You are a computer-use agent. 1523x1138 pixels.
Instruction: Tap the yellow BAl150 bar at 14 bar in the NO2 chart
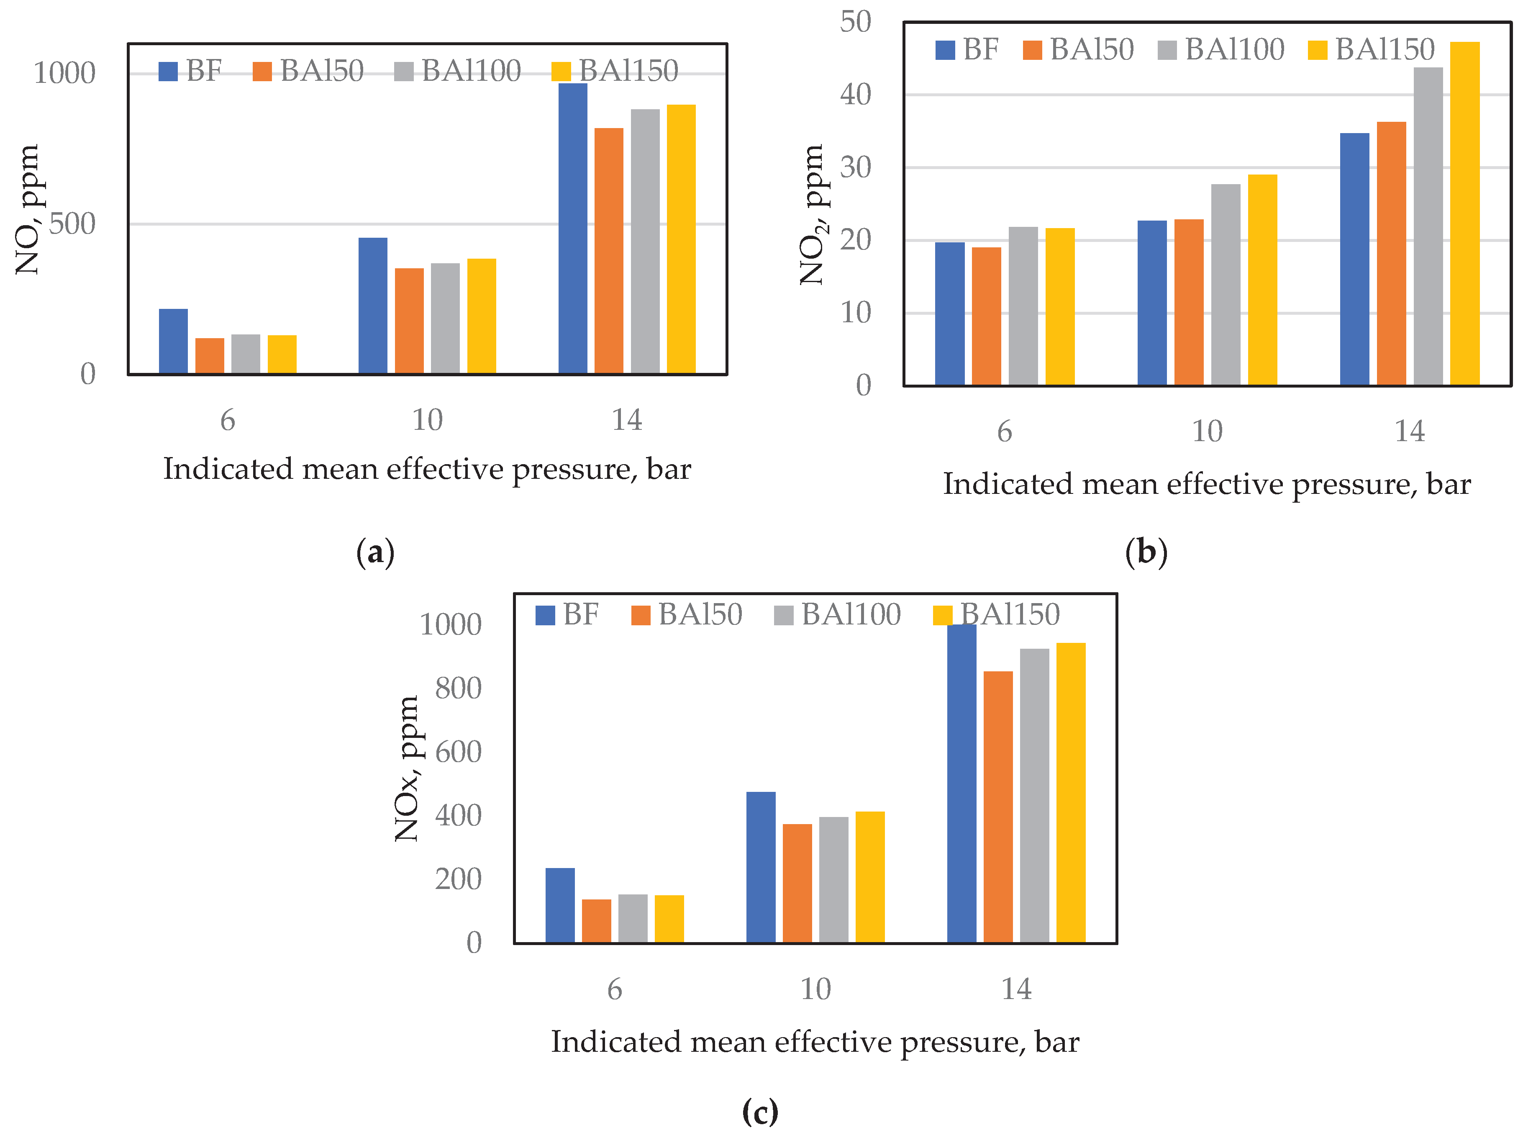click(x=1464, y=213)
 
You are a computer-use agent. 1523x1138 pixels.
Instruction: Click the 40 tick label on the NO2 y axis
click(x=855, y=94)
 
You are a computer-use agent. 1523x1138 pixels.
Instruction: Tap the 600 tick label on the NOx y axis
click(x=458, y=752)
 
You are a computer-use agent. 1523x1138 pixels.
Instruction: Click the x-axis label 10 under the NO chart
click(x=427, y=419)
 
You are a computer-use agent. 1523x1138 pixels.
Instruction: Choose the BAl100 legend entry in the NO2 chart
click(x=1221, y=50)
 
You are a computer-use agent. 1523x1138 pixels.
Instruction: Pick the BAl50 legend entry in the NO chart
click(x=308, y=71)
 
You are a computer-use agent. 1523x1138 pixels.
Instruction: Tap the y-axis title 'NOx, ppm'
click(x=407, y=768)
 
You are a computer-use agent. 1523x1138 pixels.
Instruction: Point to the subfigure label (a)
click(x=375, y=552)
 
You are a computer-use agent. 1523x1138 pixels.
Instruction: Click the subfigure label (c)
click(x=760, y=1111)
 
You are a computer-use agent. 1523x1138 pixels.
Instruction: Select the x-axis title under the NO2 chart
click(x=1206, y=484)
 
